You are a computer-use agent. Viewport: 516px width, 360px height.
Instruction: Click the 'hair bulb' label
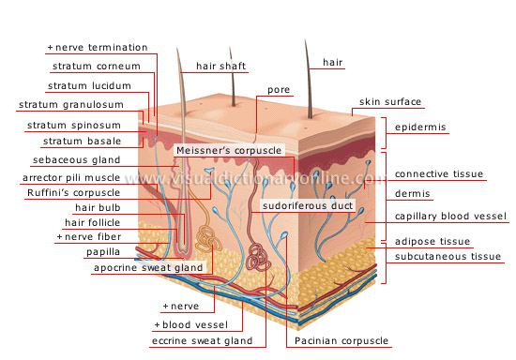pos(100,207)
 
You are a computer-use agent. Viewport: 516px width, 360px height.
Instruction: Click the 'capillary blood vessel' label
pos(449,217)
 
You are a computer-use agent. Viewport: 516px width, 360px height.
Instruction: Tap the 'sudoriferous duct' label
pos(306,202)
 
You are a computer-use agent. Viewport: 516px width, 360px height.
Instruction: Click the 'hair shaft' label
pos(220,67)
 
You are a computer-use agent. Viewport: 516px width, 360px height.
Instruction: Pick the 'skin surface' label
pos(389,101)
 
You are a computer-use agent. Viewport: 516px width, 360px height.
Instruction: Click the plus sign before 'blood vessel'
pos(158,324)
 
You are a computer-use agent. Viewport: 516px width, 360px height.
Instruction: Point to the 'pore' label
pos(278,91)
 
